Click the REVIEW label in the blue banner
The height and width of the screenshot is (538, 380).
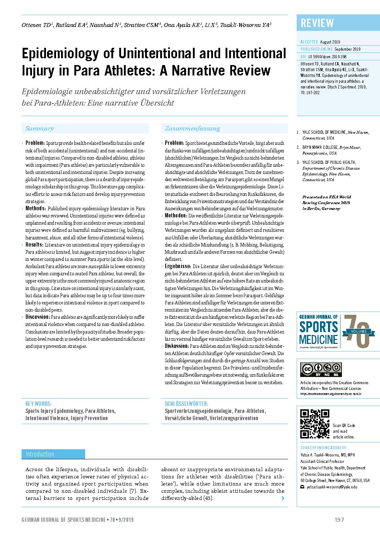click(x=317, y=23)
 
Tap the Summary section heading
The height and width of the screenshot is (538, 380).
click(x=40, y=129)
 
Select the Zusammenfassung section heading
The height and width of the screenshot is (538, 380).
click(x=192, y=129)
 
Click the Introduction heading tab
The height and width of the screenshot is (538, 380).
click(x=40, y=454)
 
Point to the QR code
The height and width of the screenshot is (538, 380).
click(x=315, y=424)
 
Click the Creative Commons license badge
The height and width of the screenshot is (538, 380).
click(x=321, y=369)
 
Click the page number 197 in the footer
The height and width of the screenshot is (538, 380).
click(x=339, y=520)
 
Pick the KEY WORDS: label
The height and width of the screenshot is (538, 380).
click(x=38, y=404)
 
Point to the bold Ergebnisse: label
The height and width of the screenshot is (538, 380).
click(x=178, y=266)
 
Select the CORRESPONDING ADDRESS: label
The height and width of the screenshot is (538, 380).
click(x=324, y=448)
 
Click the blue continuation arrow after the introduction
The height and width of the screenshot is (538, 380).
click(x=283, y=498)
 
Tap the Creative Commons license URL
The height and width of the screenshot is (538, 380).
click(x=330, y=394)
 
